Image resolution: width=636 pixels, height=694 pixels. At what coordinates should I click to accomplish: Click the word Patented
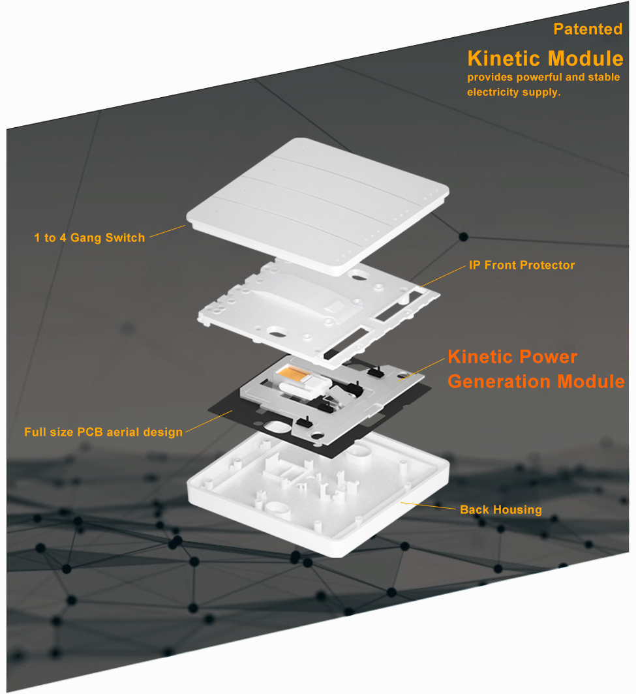pos(588,29)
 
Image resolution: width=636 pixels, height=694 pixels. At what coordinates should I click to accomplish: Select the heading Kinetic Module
pos(545,59)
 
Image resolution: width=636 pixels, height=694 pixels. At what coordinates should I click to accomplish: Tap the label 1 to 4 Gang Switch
pos(89,237)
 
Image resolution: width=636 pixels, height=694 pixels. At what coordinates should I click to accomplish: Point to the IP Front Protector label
pos(522,265)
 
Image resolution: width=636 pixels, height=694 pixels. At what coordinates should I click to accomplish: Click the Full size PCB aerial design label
pos(103,432)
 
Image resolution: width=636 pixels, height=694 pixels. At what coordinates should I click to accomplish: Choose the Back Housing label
pos(500,510)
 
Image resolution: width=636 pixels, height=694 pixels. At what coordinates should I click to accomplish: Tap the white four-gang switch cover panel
pos(318,206)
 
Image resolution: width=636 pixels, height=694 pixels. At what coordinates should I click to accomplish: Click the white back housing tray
pos(319,494)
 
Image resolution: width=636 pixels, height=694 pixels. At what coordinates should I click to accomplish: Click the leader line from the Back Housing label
pos(428,506)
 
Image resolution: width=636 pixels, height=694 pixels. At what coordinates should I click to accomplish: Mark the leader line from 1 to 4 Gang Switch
pos(167,232)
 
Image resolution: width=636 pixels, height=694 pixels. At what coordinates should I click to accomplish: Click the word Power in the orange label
pos(548,357)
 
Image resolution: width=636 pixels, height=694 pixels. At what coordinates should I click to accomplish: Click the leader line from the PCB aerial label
pos(209,421)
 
